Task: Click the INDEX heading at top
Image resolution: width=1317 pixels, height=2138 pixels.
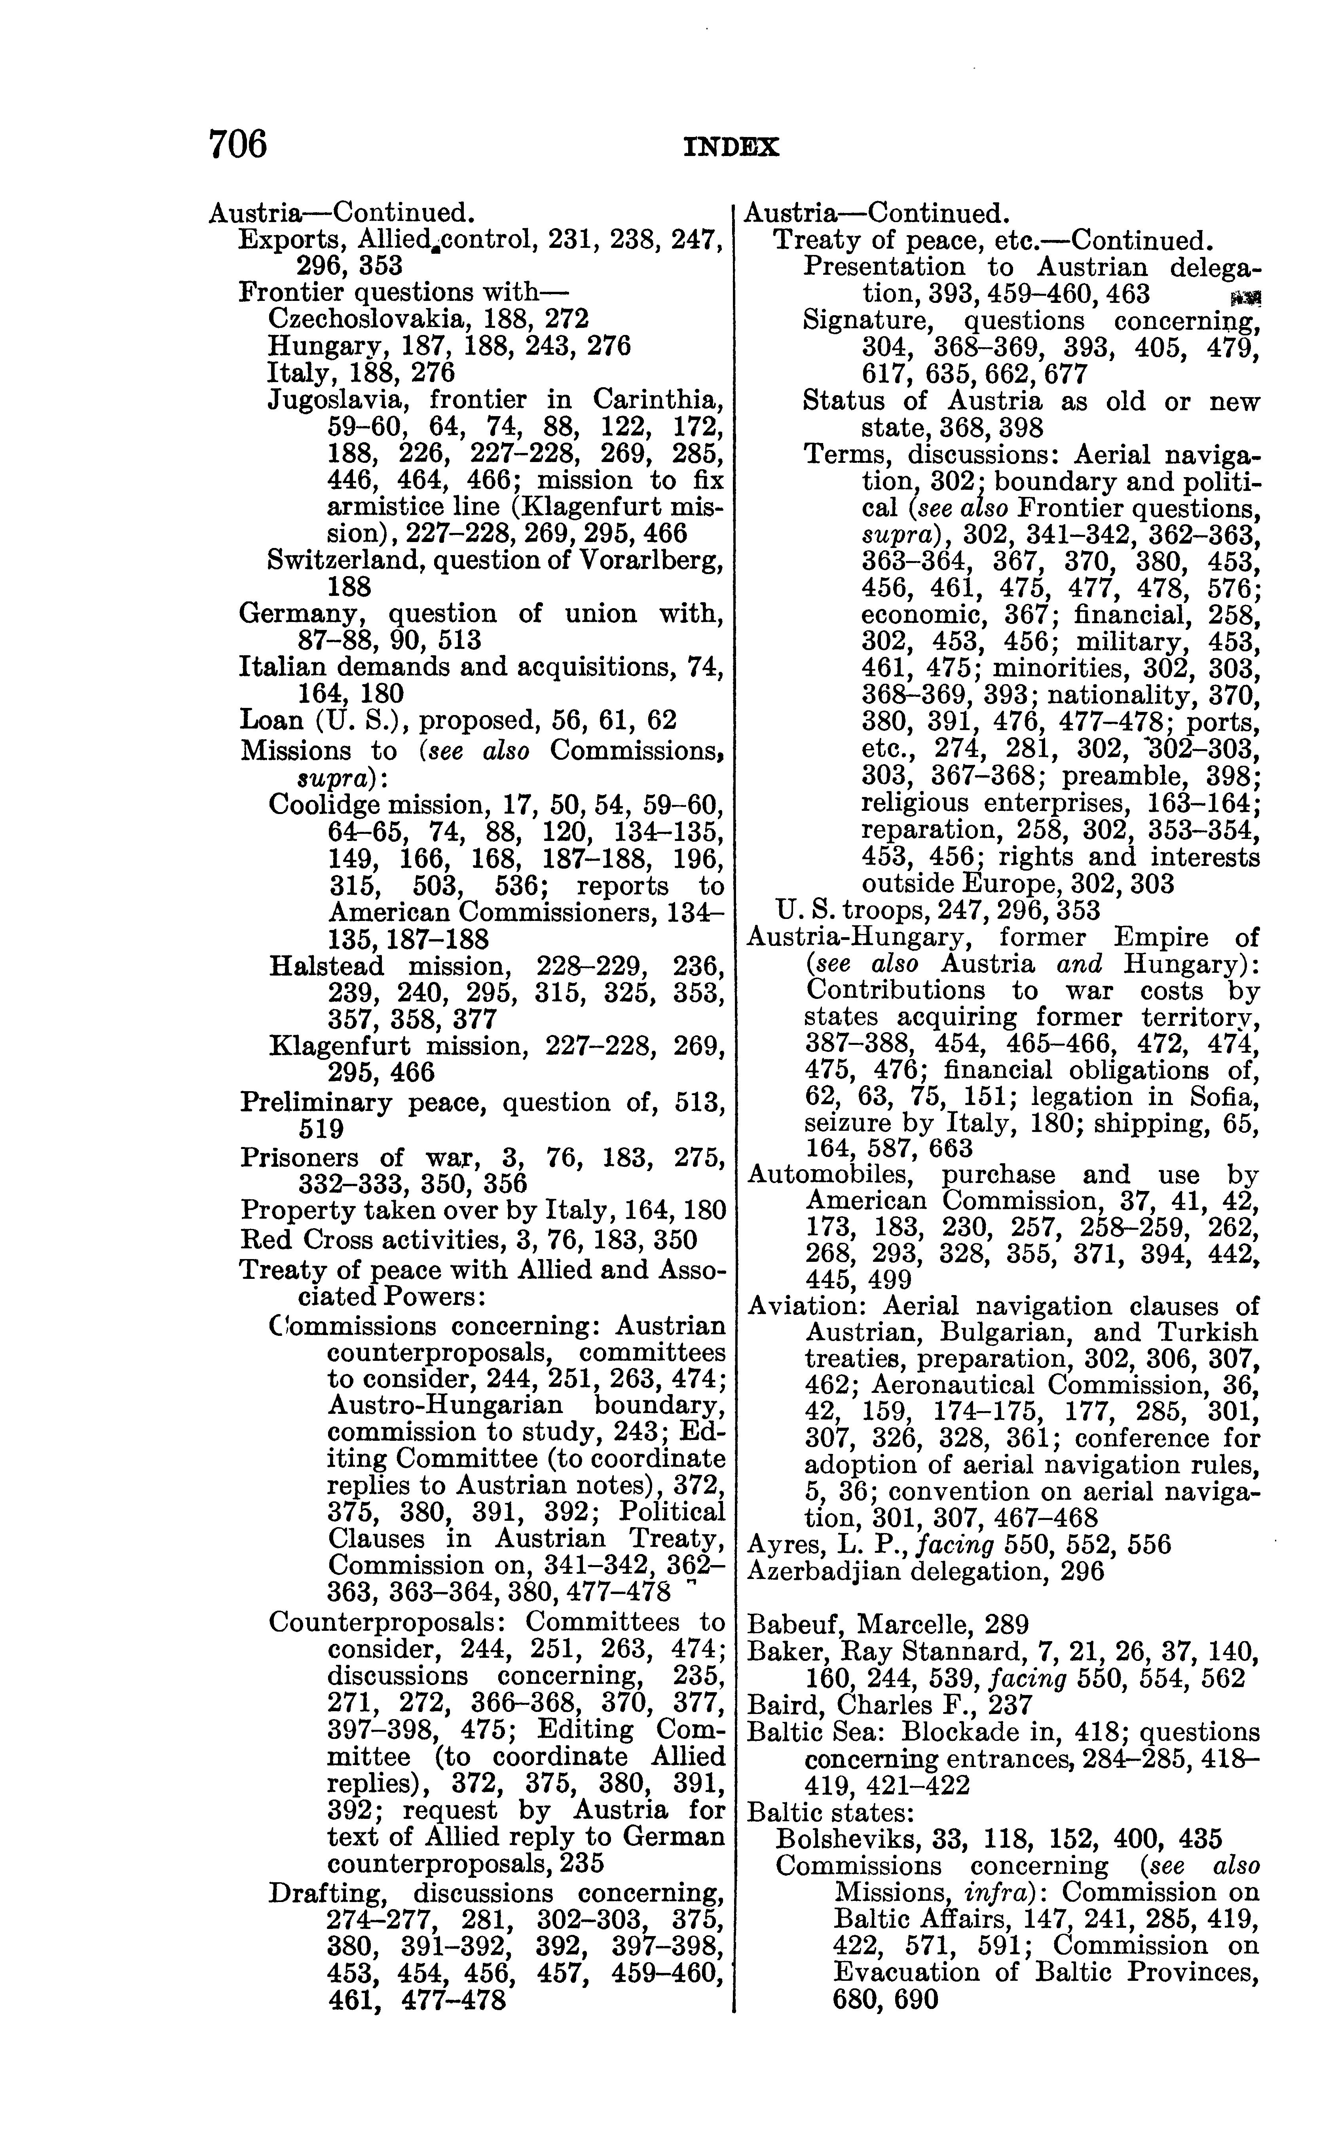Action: [x=732, y=148]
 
